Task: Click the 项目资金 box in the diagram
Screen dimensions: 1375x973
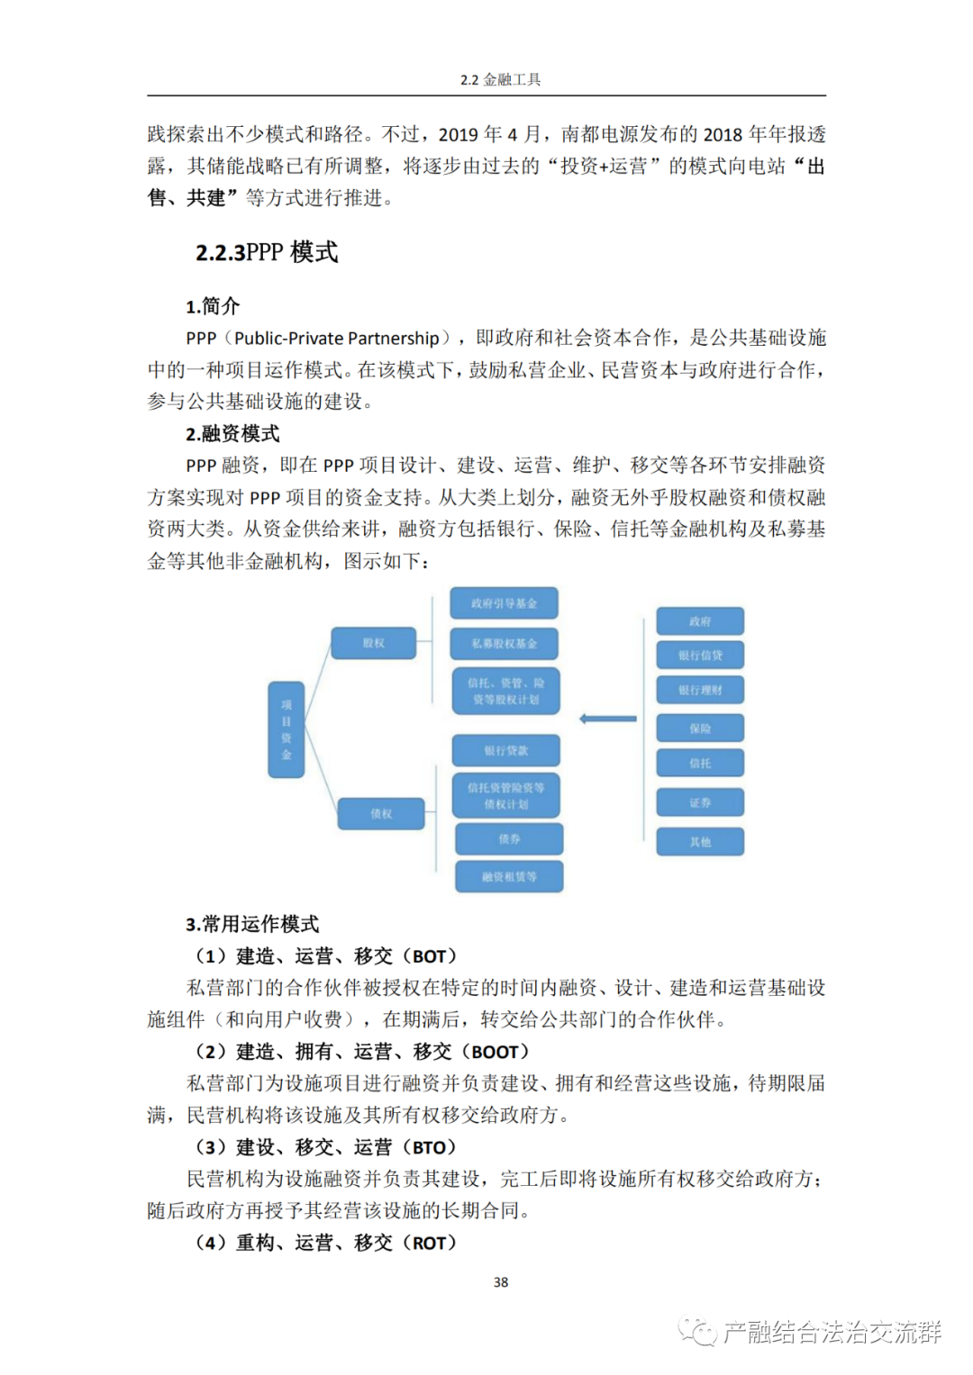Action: click(x=286, y=729)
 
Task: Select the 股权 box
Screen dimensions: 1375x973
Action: click(x=374, y=643)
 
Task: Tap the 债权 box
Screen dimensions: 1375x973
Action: click(x=381, y=814)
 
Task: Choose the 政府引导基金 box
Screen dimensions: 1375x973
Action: click(x=505, y=603)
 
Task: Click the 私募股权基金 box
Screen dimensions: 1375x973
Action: click(x=505, y=644)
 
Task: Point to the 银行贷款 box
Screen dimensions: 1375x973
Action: click(x=506, y=750)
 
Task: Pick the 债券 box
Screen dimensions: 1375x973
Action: click(x=509, y=838)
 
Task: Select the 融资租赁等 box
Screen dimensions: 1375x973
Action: click(x=509, y=876)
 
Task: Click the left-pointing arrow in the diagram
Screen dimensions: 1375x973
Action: click(x=608, y=719)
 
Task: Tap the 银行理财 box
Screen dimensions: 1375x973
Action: click(x=700, y=690)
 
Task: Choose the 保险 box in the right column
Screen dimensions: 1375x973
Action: click(x=700, y=728)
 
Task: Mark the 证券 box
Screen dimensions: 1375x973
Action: click(x=700, y=802)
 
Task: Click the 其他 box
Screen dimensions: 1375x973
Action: click(x=700, y=842)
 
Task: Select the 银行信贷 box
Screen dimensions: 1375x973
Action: click(x=700, y=656)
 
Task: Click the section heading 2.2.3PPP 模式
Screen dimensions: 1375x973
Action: click(x=267, y=252)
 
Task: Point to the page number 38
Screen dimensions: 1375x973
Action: click(x=501, y=1282)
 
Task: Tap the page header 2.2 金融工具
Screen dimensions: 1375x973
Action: click(x=500, y=79)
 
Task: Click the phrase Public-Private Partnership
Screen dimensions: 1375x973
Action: click(x=337, y=339)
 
